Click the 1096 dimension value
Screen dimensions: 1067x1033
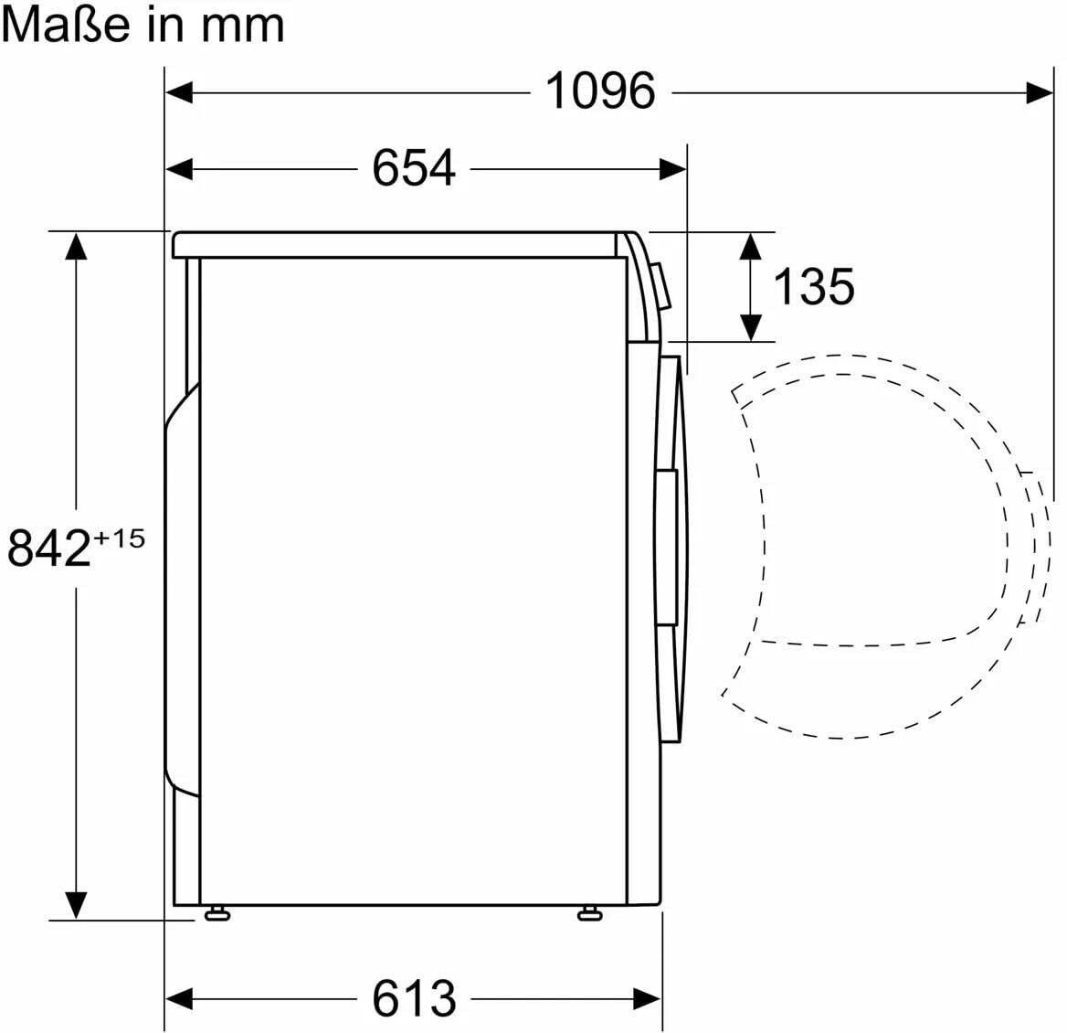tap(601, 91)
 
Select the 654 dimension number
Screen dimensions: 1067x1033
tap(414, 168)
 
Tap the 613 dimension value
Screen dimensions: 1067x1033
tap(414, 998)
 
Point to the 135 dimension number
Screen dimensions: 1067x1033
tap(814, 287)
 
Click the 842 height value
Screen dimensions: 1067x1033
tap(49, 548)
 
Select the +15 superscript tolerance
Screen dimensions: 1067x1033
tap(119, 538)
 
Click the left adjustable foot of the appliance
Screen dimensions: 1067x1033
tap(217, 913)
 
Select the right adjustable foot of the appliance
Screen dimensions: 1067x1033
tap(590, 913)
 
